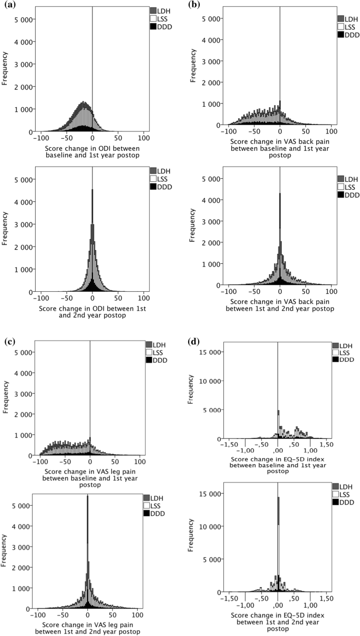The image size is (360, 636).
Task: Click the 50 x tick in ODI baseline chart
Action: point(119,138)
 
